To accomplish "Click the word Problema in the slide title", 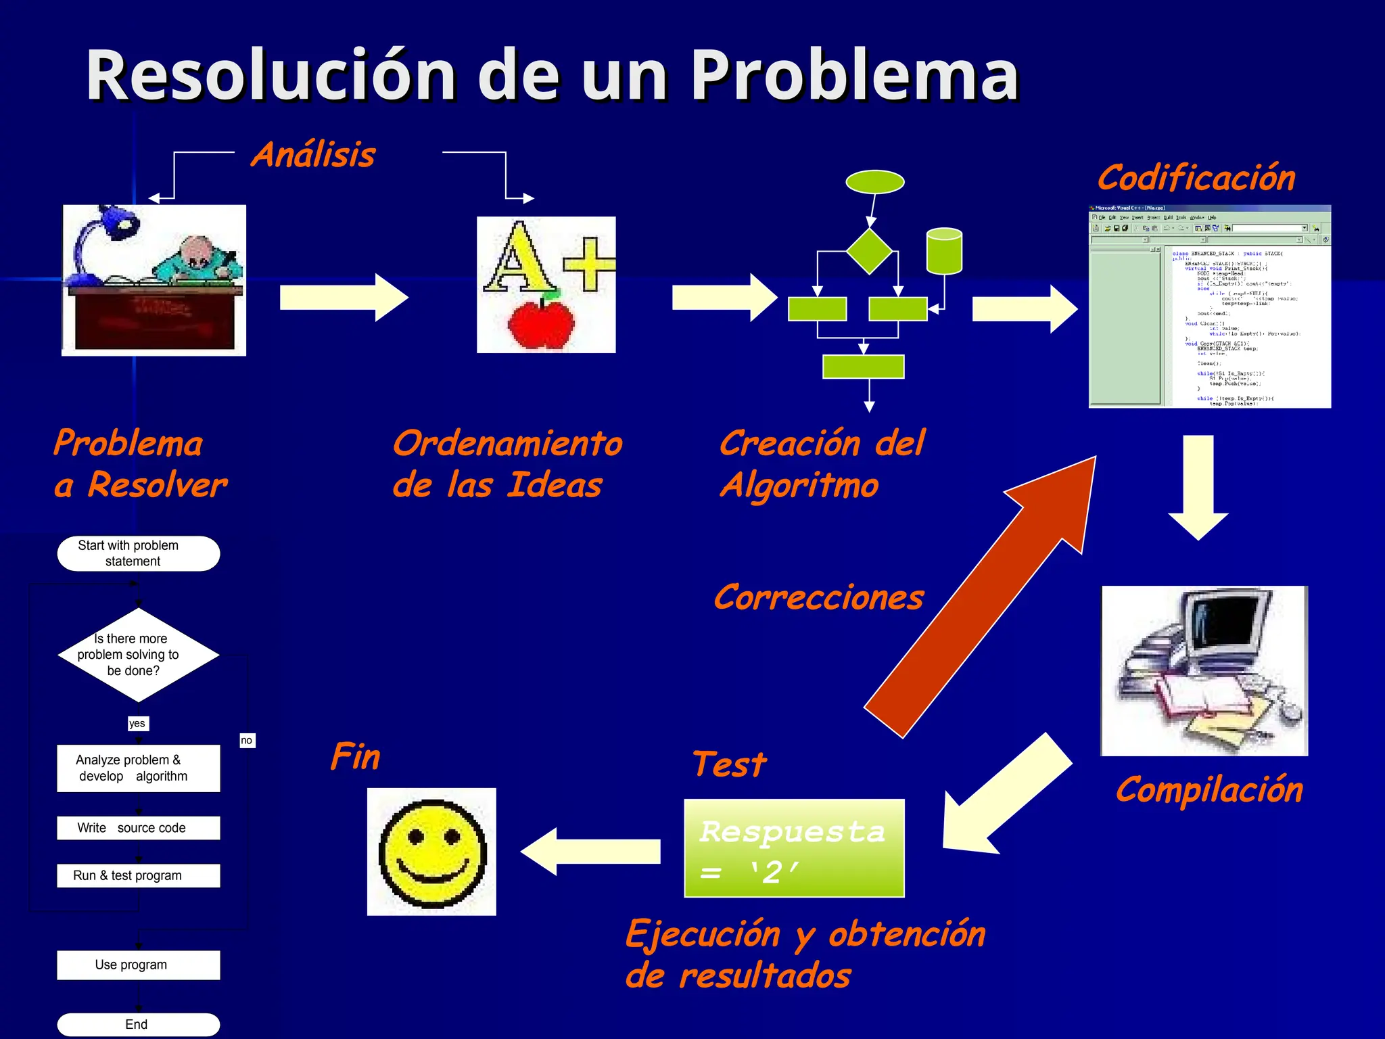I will coord(853,76).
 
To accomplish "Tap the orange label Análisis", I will coord(313,155).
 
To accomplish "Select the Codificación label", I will coord(1196,178).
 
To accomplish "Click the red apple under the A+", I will coord(540,324).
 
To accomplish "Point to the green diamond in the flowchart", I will coord(870,251).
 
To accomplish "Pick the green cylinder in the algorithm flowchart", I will coord(944,252).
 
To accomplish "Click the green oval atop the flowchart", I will coord(875,182).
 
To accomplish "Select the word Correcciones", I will coord(818,598).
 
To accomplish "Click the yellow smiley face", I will coord(432,852).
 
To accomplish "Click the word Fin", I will coord(356,756).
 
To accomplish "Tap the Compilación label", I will coord(1209,790).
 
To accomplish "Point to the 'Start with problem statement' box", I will coord(139,553).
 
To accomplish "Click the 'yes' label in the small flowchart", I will coord(137,723).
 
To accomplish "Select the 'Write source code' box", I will coord(139,828).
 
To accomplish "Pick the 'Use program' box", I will coord(139,965).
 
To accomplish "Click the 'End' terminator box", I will coord(139,1024).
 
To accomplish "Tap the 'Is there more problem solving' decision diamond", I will coord(139,655).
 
